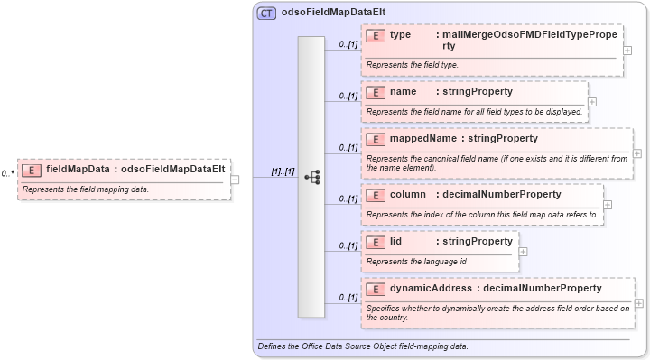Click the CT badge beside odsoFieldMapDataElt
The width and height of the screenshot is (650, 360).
pyautogui.click(x=266, y=14)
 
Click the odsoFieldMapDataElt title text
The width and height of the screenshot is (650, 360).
pyautogui.click(x=322, y=14)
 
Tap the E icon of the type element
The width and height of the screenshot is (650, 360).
pyautogui.click(x=376, y=35)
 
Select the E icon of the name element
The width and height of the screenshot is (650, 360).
pyautogui.click(x=376, y=92)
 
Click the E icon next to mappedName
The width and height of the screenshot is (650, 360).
pyautogui.click(x=376, y=139)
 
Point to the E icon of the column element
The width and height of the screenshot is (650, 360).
pyautogui.click(x=376, y=195)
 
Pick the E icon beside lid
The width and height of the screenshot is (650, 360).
pyautogui.click(x=376, y=242)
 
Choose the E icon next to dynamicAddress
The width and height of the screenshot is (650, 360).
pyautogui.click(x=376, y=289)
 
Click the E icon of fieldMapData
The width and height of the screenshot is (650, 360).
pyautogui.click(x=32, y=169)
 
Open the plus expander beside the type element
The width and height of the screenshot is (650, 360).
pyautogui.click(x=627, y=50)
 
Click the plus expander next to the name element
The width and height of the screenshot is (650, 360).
pyautogui.click(x=592, y=101)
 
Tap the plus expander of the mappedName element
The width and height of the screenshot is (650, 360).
pyautogui.click(x=637, y=153)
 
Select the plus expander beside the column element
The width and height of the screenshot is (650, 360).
pyautogui.click(x=608, y=205)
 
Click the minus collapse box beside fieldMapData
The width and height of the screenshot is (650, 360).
pyautogui.click(x=235, y=179)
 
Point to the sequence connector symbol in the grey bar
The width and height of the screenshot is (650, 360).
pyautogui.click(x=311, y=178)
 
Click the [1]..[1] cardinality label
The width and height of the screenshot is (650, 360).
pyautogui.click(x=283, y=171)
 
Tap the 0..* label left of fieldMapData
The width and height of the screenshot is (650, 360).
pyautogui.click(x=7, y=171)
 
